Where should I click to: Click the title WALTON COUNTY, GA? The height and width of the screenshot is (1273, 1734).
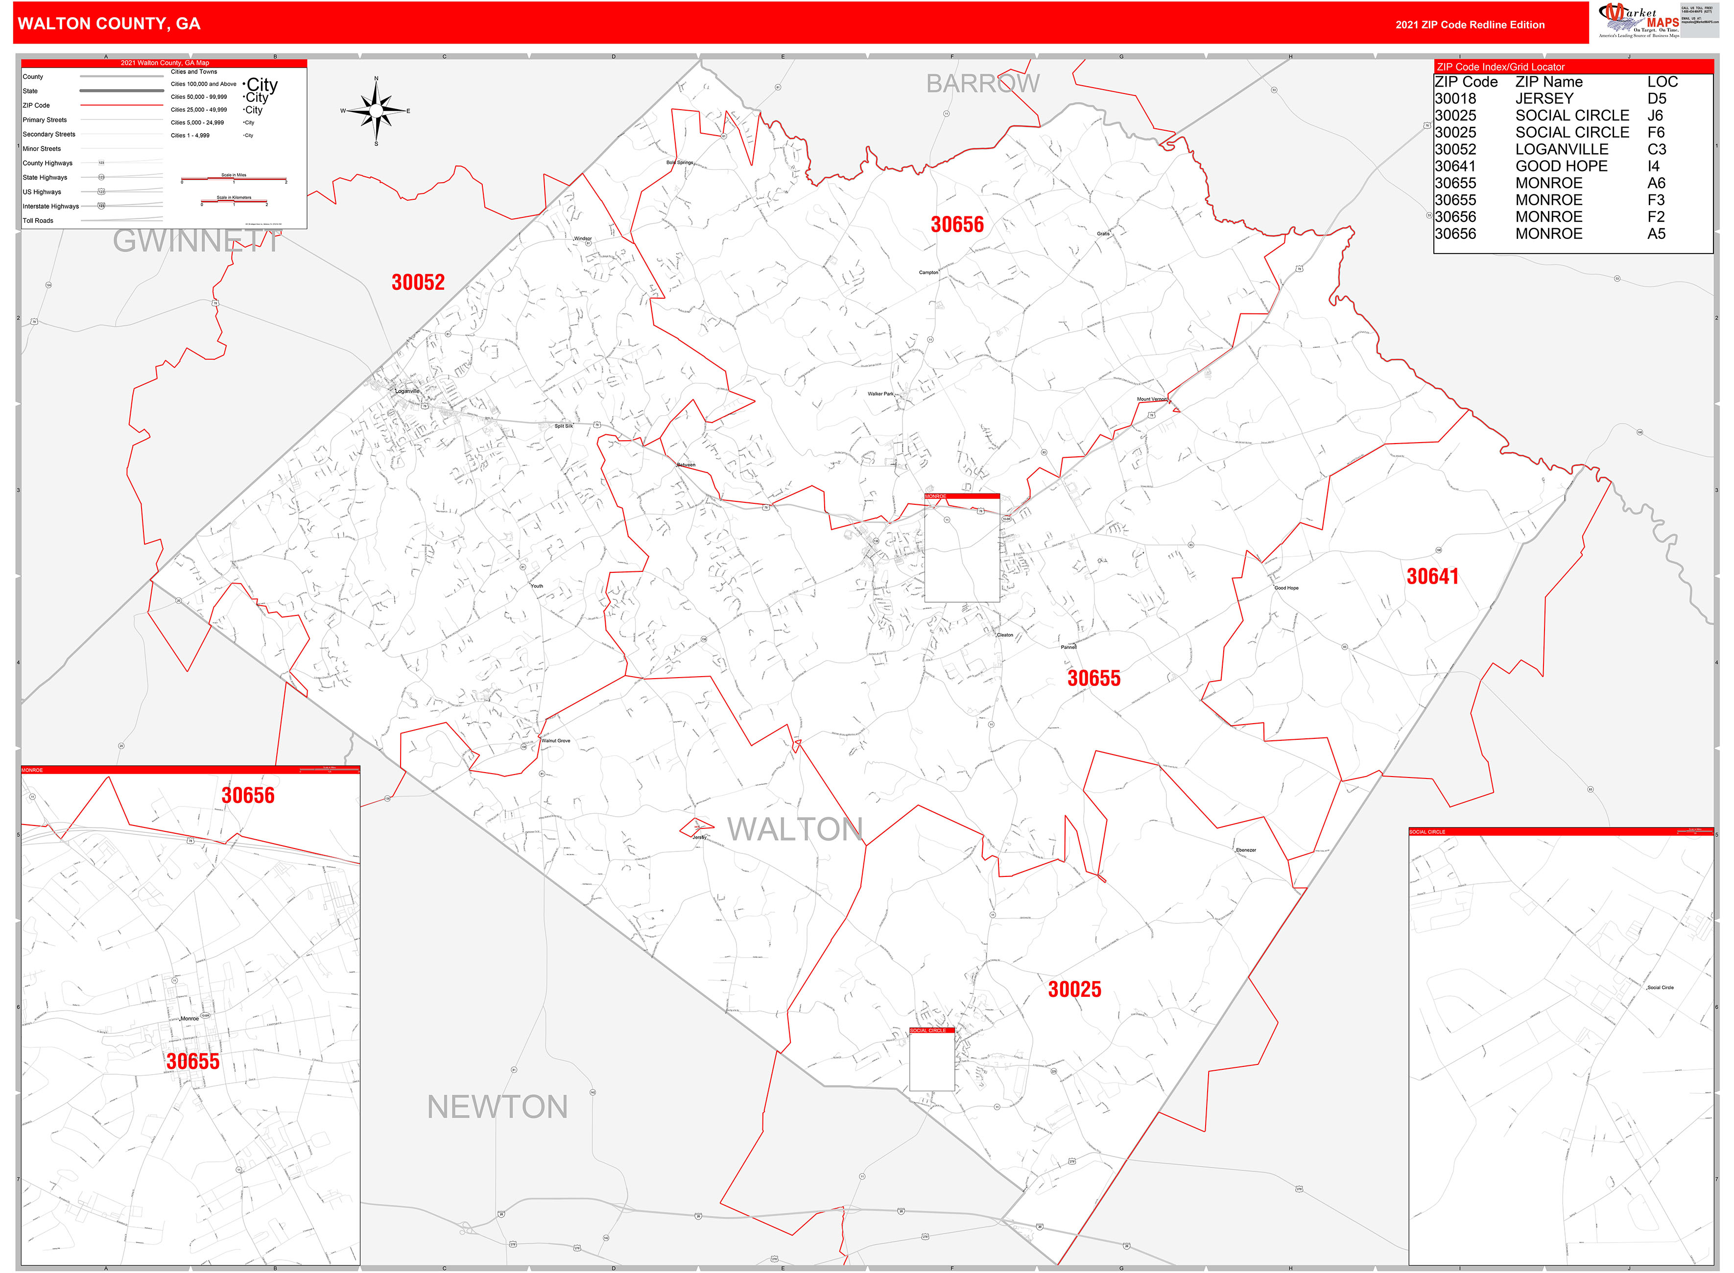click(109, 24)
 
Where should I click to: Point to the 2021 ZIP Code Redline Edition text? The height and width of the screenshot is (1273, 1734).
click(1469, 24)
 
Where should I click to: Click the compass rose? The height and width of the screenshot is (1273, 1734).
click(376, 111)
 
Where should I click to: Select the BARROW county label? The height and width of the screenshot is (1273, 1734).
click(983, 83)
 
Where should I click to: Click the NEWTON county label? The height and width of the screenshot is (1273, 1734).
click(497, 1108)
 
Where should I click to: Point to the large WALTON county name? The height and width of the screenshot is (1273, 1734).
click(795, 829)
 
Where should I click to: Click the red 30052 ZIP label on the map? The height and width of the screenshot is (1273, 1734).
click(418, 282)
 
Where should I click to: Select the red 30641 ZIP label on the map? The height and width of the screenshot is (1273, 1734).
click(1432, 576)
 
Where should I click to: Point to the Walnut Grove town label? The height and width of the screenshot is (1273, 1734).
click(556, 740)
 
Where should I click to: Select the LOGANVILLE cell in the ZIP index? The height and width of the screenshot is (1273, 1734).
click(1561, 149)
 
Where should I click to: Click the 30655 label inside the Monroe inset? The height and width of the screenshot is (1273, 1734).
click(192, 1061)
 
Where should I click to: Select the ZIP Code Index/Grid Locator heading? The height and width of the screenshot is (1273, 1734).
click(1500, 67)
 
